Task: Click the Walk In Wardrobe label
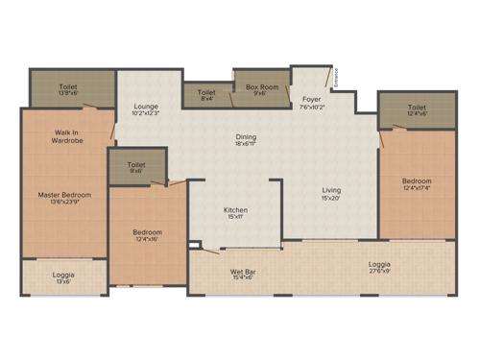tap(67, 136)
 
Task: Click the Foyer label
tap(311, 99)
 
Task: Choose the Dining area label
tap(246, 137)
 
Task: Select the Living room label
tap(330, 190)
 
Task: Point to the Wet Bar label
tap(241, 271)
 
